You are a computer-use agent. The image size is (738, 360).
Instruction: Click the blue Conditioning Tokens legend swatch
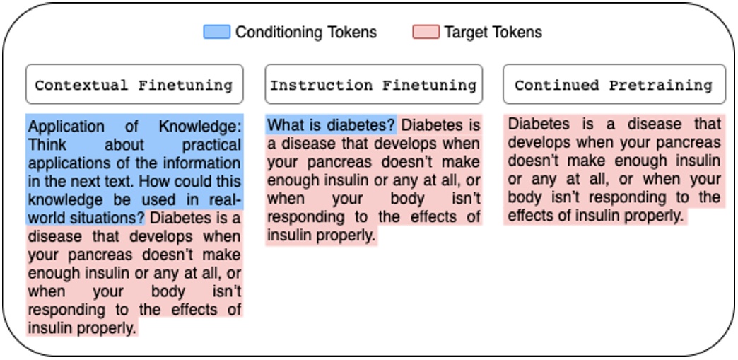tap(216, 33)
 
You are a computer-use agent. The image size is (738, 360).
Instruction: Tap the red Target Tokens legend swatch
tap(426, 33)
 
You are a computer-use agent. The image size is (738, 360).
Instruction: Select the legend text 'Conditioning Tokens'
tap(306, 33)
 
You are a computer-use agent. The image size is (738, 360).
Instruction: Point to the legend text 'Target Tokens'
tap(493, 33)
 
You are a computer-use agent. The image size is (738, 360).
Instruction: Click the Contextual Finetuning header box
tap(134, 86)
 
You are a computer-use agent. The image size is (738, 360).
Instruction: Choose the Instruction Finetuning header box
tap(374, 86)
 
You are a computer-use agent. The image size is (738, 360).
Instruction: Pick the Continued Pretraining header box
tap(614, 86)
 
